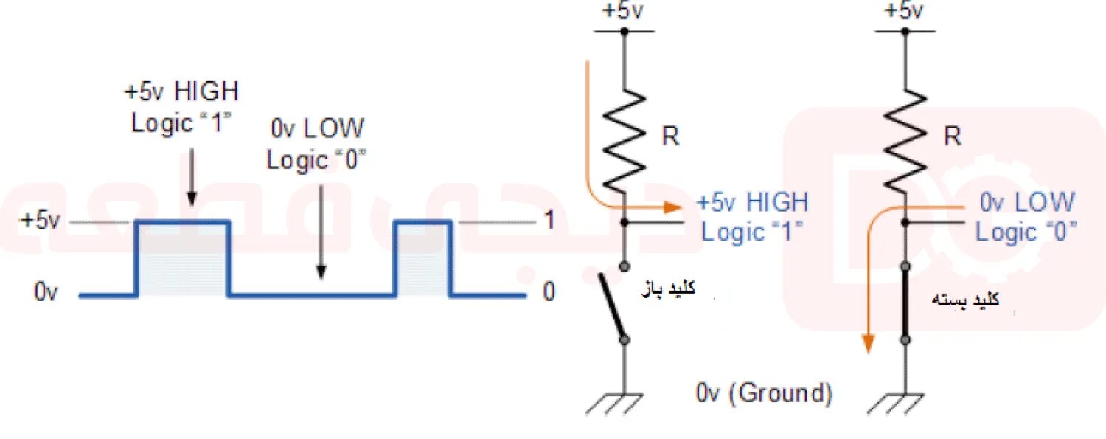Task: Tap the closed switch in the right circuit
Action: click(905, 303)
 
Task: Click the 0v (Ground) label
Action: click(764, 393)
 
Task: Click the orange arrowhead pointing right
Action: click(670, 208)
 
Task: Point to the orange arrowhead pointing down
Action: click(869, 342)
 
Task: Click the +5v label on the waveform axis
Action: click(40, 221)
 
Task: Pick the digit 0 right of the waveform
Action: click(548, 293)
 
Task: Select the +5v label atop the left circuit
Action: click(623, 11)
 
